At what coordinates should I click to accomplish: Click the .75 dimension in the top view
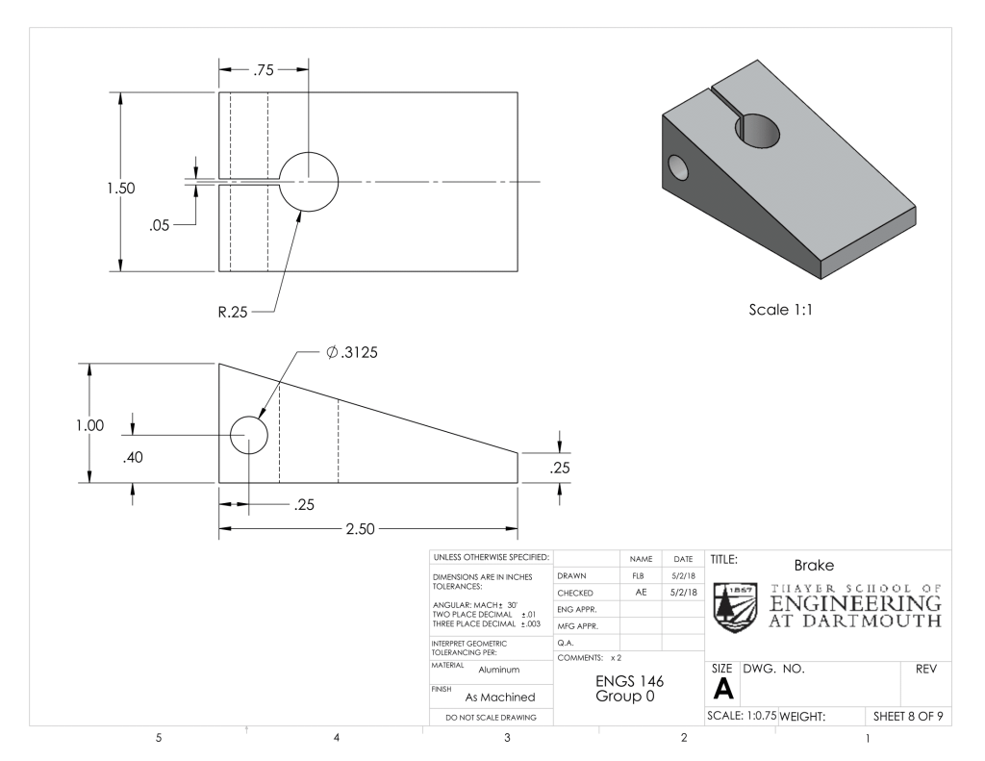(x=264, y=70)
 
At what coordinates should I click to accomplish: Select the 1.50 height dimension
(x=120, y=188)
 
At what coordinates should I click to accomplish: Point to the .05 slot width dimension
(x=160, y=225)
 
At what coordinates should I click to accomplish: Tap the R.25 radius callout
(x=233, y=312)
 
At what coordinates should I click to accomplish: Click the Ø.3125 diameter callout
(x=352, y=352)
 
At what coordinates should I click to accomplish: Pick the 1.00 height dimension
(x=89, y=425)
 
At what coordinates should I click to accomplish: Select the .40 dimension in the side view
(x=133, y=458)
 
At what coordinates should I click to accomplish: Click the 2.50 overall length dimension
(x=360, y=529)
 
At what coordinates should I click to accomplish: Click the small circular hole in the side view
(x=249, y=417)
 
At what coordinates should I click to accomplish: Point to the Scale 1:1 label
(x=780, y=310)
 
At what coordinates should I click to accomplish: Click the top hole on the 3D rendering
(x=757, y=132)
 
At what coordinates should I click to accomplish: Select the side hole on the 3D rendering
(x=678, y=167)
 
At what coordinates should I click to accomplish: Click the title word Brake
(x=814, y=566)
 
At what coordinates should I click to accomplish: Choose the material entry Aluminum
(x=499, y=670)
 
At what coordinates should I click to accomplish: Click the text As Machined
(x=500, y=698)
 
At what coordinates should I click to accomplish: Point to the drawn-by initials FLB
(x=639, y=575)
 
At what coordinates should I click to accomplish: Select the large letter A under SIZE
(x=723, y=690)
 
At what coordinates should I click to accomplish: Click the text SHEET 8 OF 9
(x=908, y=717)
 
